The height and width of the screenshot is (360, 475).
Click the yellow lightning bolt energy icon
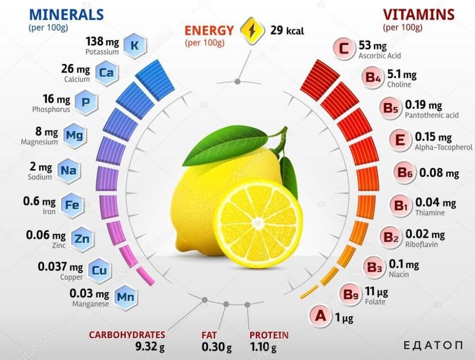252,30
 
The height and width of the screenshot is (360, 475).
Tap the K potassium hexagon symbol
134,46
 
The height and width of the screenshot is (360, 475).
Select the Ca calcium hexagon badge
106,73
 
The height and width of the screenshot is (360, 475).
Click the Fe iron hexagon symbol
72,205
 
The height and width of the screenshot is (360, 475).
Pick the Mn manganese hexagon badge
125,297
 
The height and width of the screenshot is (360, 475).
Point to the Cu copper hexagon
99,270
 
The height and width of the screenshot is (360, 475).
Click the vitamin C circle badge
344,48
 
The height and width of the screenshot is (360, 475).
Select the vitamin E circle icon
400,140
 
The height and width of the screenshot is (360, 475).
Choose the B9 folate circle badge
351,294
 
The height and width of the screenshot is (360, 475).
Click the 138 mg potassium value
102,41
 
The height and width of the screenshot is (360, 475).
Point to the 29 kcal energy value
287,30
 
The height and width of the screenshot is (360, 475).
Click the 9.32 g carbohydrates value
150,347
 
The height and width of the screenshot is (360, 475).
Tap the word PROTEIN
269,335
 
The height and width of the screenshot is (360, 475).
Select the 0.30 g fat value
217,347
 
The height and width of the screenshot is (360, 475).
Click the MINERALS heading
66,14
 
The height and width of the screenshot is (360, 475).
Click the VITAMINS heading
418,14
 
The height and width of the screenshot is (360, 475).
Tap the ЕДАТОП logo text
433,345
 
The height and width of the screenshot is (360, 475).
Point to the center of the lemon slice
257,223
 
